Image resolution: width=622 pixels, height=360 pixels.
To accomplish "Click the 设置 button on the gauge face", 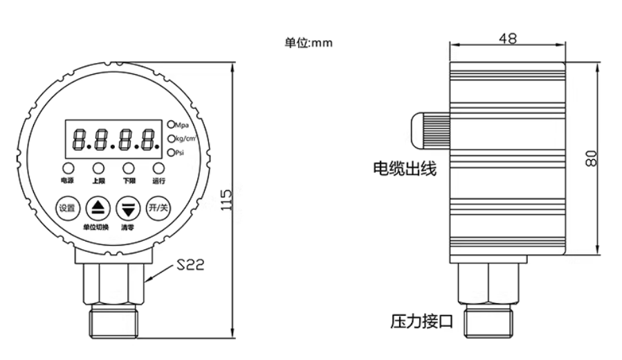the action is (67, 208).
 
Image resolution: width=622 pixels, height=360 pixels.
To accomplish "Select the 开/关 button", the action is (158, 208).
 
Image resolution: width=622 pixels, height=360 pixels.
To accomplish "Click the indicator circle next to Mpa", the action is (171, 125).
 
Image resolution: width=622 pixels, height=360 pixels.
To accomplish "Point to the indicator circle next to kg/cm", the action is (171, 138).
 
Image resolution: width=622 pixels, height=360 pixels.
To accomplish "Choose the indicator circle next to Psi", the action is (171, 152).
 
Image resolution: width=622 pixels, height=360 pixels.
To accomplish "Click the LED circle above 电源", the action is (67, 168).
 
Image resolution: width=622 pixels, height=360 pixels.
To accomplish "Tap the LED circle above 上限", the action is (98, 168).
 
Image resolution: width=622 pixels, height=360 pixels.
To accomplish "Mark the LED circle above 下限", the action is (129, 168).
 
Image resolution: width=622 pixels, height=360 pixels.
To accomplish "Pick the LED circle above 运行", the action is (158, 168).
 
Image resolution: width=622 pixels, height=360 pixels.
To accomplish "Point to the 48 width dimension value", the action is (508, 39).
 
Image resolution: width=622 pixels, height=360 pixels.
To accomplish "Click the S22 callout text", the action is (190, 264).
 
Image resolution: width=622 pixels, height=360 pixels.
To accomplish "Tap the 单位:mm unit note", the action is (308, 42).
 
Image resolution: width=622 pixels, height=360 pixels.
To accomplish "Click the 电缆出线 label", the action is (405, 169).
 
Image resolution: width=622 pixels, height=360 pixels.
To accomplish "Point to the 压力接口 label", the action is (421, 321).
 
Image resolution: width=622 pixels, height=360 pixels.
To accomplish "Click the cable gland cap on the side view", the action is (430, 131).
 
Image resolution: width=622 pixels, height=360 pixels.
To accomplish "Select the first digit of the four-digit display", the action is (79, 139).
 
